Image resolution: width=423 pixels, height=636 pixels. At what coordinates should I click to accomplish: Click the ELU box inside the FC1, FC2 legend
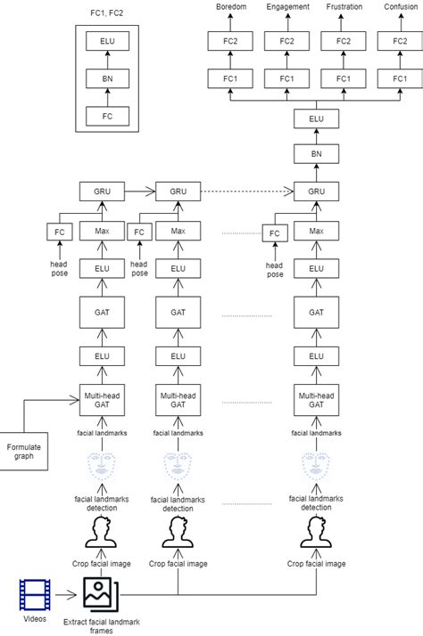click(107, 41)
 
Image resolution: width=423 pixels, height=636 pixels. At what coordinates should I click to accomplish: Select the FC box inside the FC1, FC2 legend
click(107, 116)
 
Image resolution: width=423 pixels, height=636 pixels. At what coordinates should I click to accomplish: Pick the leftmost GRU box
click(101, 191)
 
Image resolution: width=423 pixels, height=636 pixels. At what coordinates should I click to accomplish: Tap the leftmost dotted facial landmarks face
click(101, 466)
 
